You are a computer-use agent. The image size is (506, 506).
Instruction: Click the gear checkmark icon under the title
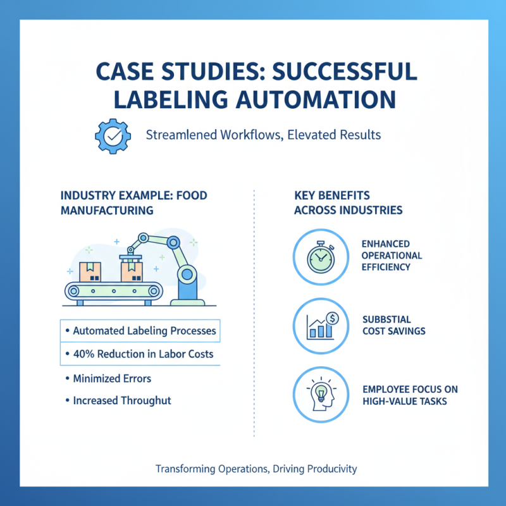112,134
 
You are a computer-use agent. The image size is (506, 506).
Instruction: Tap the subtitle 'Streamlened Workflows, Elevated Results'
263,135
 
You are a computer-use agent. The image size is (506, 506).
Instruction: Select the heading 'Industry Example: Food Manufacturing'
133,203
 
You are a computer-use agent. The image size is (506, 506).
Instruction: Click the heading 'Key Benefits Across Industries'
348,203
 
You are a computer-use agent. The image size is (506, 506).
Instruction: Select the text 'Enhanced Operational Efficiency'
392,256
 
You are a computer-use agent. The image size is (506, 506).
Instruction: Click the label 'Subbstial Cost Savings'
393,325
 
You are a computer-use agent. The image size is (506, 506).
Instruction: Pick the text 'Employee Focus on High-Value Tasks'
410,395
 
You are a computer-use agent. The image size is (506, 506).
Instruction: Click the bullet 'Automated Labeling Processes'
144,331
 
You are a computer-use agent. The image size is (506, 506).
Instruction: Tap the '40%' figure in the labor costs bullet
84,354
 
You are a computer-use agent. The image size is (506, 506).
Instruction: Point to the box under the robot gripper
132,271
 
